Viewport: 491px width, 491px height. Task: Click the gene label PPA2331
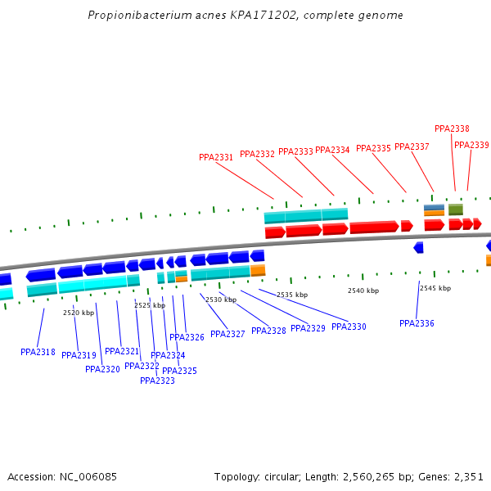(x=216, y=157)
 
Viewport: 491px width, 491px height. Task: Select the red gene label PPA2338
(x=452, y=128)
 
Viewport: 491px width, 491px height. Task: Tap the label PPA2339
(x=471, y=145)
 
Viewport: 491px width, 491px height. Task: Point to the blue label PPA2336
(x=417, y=323)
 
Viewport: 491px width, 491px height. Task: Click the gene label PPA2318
(x=38, y=352)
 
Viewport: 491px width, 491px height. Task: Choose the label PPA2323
(x=157, y=381)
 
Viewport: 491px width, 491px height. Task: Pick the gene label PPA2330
(x=349, y=327)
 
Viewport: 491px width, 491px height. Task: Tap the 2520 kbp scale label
(x=79, y=313)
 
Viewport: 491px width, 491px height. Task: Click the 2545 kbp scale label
(x=435, y=288)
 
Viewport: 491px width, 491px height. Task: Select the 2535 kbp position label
(x=292, y=295)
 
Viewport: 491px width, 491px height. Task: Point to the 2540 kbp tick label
(x=363, y=291)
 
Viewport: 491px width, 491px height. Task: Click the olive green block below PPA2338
(x=456, y=209)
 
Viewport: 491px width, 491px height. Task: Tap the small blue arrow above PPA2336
(x=418, y=247)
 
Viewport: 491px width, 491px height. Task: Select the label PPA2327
(x=227, y=334)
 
